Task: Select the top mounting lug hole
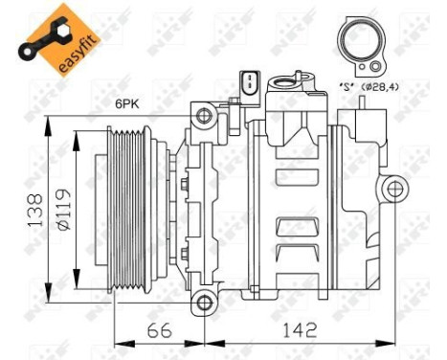[x=203, y=117]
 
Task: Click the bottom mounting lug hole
[x=203, y=304]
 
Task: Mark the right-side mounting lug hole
[x=392, y=190]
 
